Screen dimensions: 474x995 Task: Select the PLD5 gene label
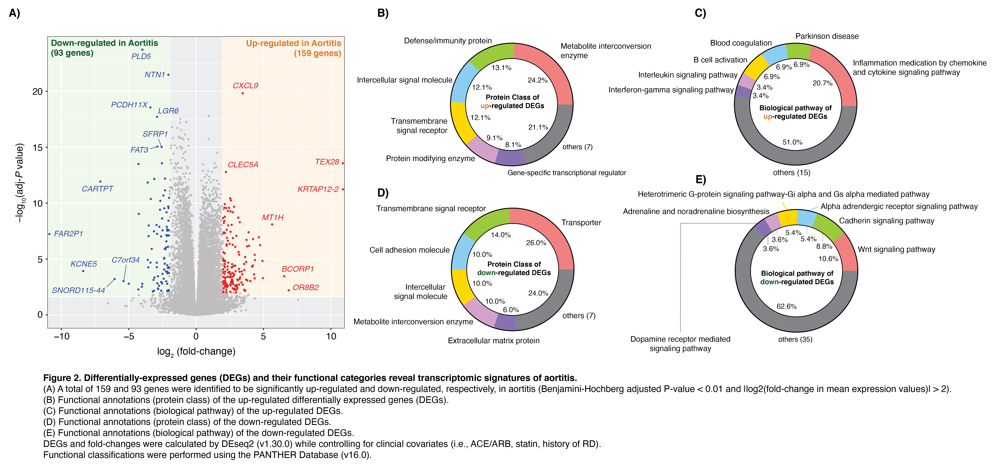click(141, 56)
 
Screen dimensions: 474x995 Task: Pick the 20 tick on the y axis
click(37, 92)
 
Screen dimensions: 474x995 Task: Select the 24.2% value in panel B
click(537, 80)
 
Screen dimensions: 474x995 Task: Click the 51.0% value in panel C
click(792, 142)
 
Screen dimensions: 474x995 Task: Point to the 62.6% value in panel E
click(786, 306)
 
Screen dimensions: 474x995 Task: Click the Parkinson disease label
click(827, 36)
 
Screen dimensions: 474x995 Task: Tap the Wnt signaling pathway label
click(896, 250)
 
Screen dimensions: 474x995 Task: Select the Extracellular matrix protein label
click(493, 341)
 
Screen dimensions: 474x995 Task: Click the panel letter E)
click(700, 180)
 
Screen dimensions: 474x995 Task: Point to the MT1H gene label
click(273, 218)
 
